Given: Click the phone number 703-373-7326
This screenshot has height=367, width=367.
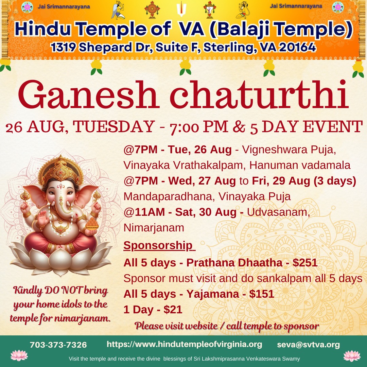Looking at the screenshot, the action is pos(58,345).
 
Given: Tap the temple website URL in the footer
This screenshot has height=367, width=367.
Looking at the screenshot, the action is pos(184,344).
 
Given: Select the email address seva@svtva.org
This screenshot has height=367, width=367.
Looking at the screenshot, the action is pos(308,345).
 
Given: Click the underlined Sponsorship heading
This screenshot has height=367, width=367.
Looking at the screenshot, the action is pos(158,246).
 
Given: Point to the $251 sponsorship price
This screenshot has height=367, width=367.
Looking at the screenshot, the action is pos(305,263).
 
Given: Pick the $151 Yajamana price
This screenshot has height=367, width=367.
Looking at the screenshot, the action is pos(262,294).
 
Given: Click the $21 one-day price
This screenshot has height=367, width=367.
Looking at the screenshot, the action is pos(173,310).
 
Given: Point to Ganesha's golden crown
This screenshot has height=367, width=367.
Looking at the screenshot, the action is pos(61,169).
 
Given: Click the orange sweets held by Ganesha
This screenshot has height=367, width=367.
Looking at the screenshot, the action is pos(92,224).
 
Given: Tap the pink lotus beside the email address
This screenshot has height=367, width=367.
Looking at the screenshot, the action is pos(352,356).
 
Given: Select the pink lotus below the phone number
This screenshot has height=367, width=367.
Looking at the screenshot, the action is pos(19,355).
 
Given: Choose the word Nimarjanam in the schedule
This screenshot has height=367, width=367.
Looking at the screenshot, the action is pos(154,228).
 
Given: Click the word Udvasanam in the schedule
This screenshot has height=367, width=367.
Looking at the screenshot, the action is pos(278,212).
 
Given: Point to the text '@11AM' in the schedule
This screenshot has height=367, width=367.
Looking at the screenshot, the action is pos(144,212).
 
